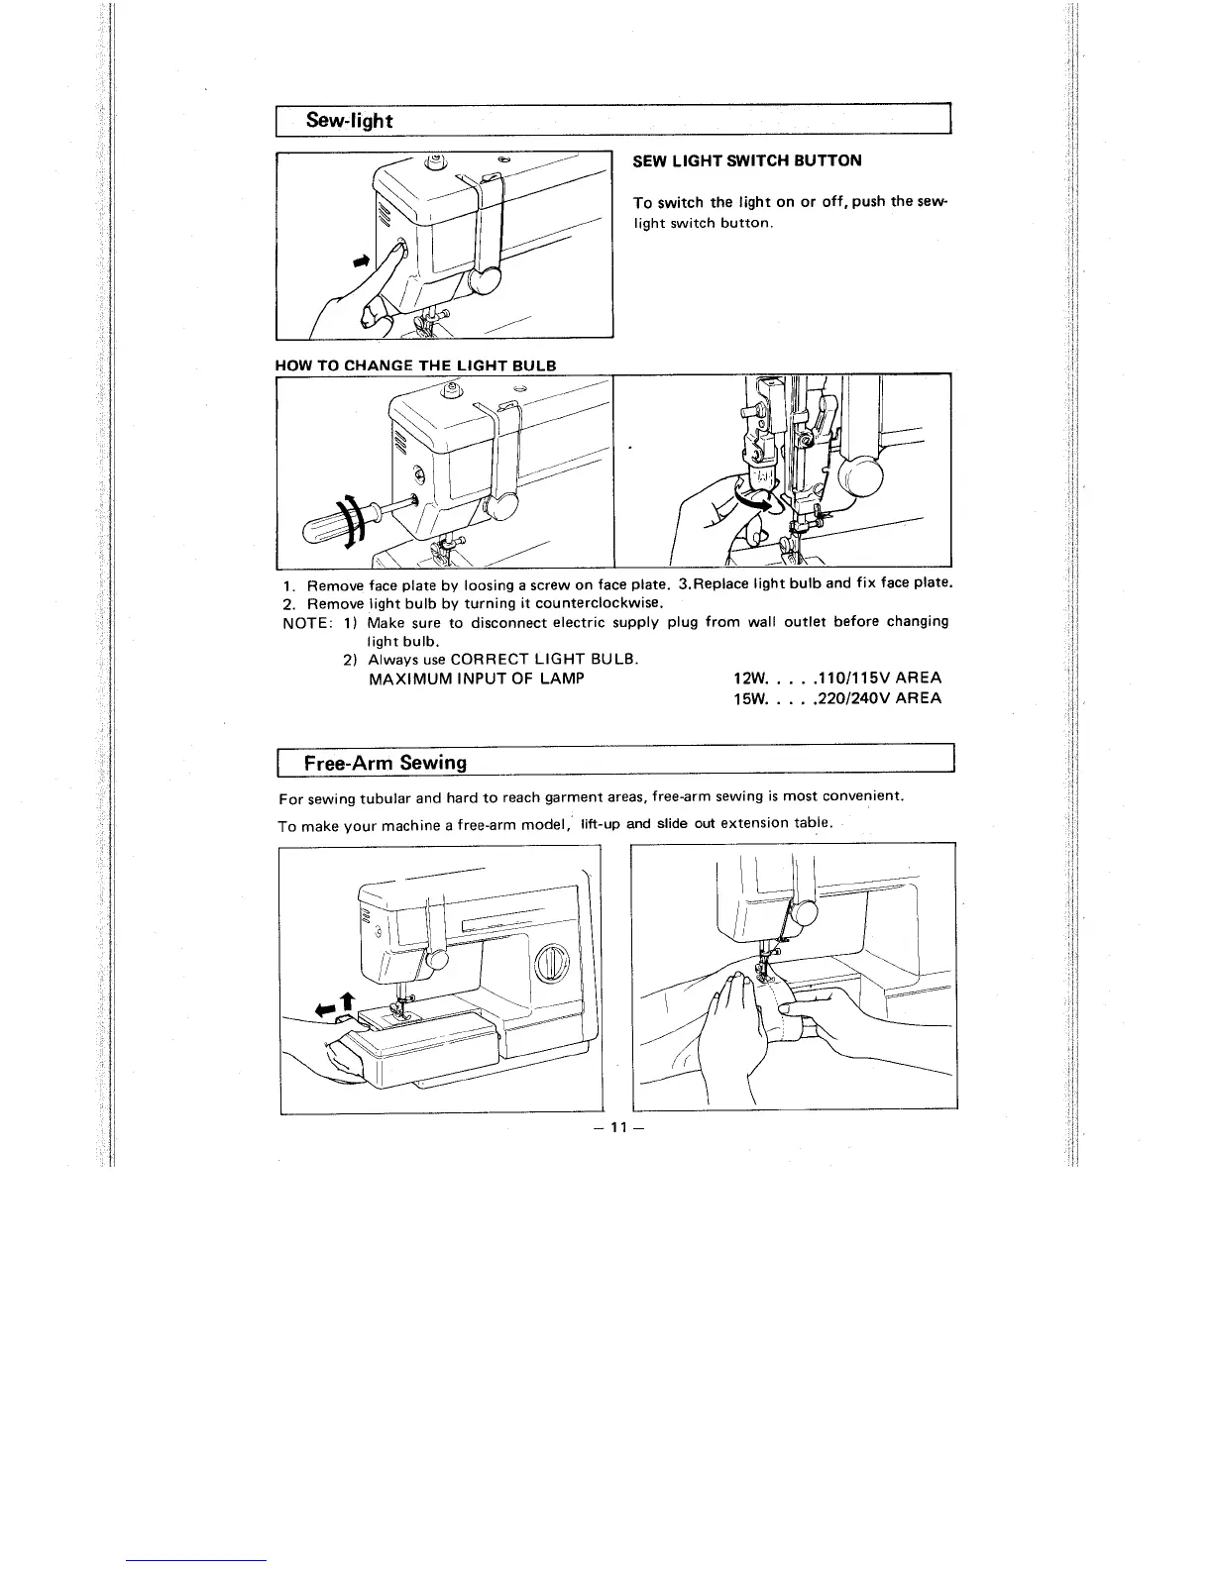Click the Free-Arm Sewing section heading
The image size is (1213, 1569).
pyautogui.click(x=386, y=763)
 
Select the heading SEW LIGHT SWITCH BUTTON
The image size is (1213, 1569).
pyautogui.click(x=747, y=160)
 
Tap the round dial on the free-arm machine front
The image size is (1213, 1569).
pyautogui.click(x=551, y=964)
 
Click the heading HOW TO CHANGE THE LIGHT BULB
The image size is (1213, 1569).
pyautogui.click(x=415, y=365)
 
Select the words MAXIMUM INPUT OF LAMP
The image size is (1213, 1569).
pyautogui.click(x=476, y=679)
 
